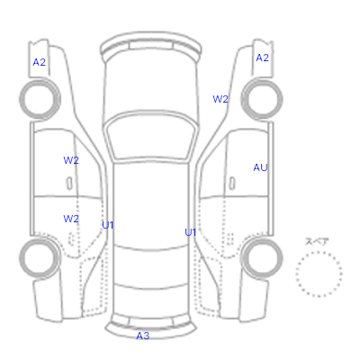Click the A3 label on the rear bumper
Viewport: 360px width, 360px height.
click(x=143, y=336)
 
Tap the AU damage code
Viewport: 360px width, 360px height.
click(x=260, y=167)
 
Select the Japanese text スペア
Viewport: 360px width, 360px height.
click(x=317, y=242)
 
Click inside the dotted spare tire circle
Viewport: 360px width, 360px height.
click(x=319, y=274)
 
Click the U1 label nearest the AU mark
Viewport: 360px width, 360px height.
click(x=191, y=232)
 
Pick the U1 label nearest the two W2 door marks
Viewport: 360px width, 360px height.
click(x=108, y=225)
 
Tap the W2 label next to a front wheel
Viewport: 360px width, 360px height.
click(x=220, y=99)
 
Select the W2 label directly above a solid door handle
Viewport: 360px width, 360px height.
click(x=71, y=160)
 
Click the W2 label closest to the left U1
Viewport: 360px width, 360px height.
click(x=71, y=219)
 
